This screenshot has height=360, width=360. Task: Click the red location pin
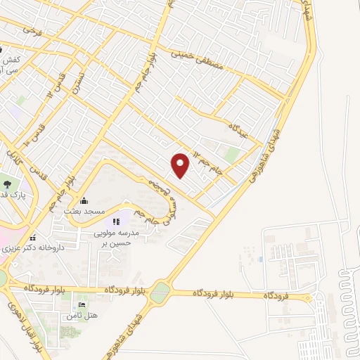tap(181, 165)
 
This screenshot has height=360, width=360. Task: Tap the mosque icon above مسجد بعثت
tap(84, 200)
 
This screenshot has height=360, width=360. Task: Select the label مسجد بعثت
tap(84, 211)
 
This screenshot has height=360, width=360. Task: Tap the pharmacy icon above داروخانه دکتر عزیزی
tap(32, 237)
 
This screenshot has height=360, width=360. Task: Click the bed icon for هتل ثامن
tap(82, 305)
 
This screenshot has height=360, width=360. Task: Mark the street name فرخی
tap(32, 30)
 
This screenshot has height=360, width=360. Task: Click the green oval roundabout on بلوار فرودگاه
tap(161, 290)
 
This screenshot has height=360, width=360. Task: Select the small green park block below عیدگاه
tap(231, 155)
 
